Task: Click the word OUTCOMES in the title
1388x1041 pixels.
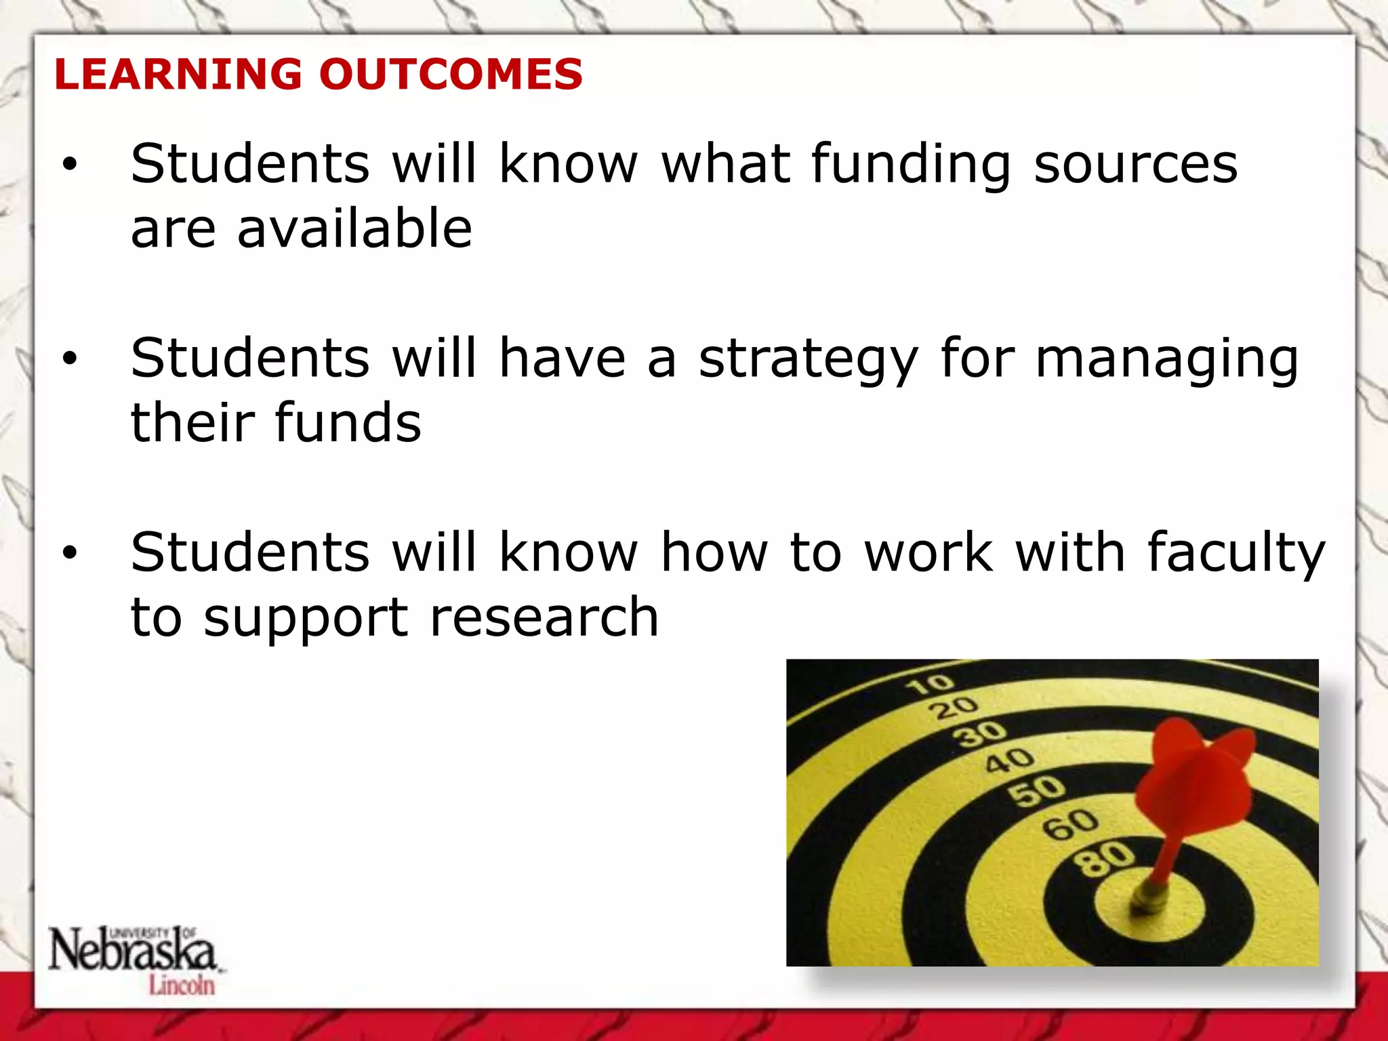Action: point(451,74)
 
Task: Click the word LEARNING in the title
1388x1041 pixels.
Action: point(178,74)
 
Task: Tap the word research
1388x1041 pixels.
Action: point(544,617)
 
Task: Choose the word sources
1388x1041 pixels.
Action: point(1136,165)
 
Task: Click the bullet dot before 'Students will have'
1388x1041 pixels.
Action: point(70,359)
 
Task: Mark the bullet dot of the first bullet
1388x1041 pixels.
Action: point(70,165)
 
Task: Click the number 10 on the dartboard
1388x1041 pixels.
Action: point(929,685)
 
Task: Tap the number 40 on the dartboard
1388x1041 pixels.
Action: point(1009,760)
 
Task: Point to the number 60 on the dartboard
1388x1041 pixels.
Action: point(1070,824)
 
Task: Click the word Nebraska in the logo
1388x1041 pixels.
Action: point(132,951)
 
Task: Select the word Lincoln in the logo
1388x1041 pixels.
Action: point(182,985)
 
